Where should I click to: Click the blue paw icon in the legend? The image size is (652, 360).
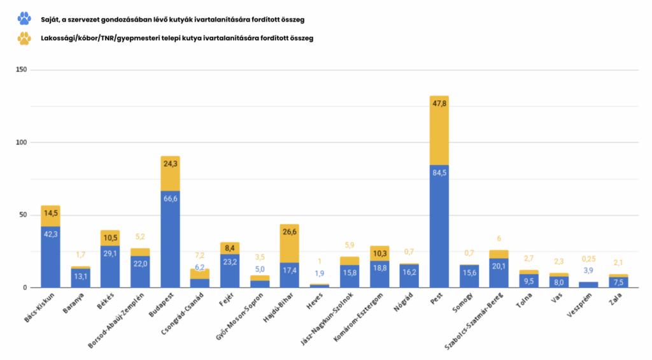[x=24, y=18]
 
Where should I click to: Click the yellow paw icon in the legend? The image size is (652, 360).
[x=24, y=38]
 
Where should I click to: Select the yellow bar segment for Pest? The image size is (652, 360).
[x=439, y=131]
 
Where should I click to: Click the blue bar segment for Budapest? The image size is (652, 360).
[x=170, y=239]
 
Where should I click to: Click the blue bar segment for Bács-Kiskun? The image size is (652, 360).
[x=50, y=257]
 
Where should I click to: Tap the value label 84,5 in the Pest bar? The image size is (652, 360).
[x=439, y=173]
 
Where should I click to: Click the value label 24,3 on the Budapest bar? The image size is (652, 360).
[x=170, y=164]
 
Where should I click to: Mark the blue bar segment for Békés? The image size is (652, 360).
[x=110, y=266]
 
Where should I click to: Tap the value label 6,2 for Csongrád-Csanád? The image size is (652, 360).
[x=200, y=268]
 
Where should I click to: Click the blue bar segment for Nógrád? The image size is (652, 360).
[x=409, y=276]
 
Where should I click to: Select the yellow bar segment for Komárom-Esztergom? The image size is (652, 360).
[x=379, y=253]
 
